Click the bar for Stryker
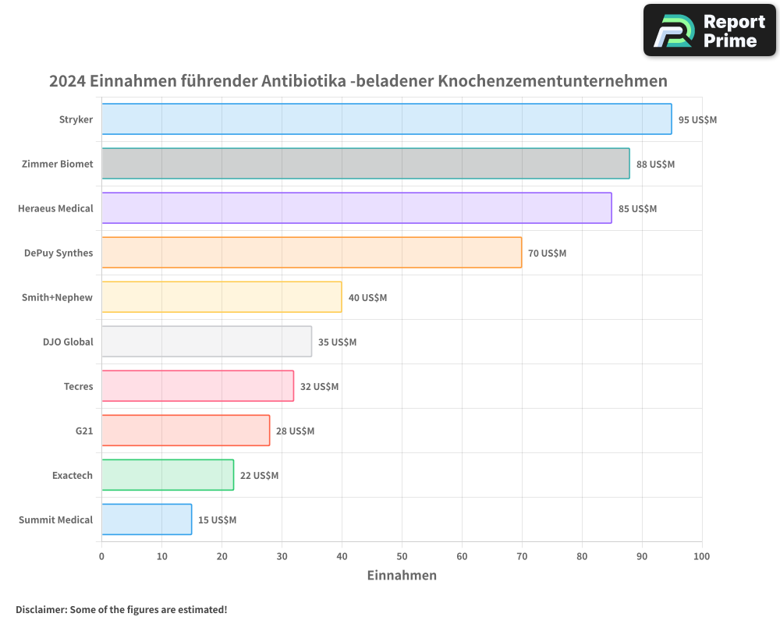point(386,119)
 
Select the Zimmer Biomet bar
point(365,164)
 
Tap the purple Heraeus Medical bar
point(356,208)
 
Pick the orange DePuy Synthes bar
point(311,253)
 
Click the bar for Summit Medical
point(147,519)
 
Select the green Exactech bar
point(168,475)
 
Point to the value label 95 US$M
point(697,120)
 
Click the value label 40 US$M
point(367,298)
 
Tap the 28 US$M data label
point(295,431)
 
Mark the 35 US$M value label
point(337,342)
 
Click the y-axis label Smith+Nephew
point(58,297)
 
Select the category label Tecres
point(78,386)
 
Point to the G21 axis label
point(84,431)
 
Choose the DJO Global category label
point(68,342)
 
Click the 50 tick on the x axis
point(402,556)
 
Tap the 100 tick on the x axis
point(701,556)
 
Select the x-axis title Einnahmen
point(402,576)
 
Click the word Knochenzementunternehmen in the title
point(552,81)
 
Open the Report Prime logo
point(709,30)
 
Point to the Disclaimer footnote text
point(121,610)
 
